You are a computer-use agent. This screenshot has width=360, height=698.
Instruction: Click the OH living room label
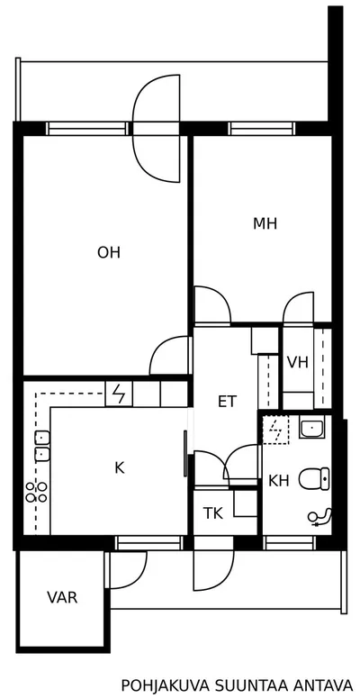pos(109,253)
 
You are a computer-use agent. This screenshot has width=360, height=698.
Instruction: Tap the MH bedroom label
pos(265,223)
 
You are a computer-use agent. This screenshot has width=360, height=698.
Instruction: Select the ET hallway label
pos(228,402)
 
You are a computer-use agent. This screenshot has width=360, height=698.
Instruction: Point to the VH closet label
pos(298,363)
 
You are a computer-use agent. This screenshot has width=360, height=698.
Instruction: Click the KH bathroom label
pos(279,481)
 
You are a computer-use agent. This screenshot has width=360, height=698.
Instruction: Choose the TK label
pos(213,513)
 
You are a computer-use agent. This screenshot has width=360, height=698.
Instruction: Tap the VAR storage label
pos(62,597)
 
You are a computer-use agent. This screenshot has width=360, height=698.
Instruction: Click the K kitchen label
pos(120,467)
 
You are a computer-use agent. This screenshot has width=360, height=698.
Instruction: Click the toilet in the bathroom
pos(314,478)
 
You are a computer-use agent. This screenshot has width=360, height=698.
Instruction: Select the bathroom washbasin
pos(312,429)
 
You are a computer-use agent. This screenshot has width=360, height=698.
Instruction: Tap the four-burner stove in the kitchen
pos(37,493)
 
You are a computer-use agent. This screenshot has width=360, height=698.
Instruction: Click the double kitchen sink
pos(41,447)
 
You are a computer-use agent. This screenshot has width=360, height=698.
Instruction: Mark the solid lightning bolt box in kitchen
pos(119,394)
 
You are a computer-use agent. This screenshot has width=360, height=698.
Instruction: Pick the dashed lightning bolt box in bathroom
pos(276,431)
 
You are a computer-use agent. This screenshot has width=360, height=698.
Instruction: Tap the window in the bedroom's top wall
pos(262,128)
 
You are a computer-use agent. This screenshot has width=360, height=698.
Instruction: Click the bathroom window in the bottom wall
pos(290,543)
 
